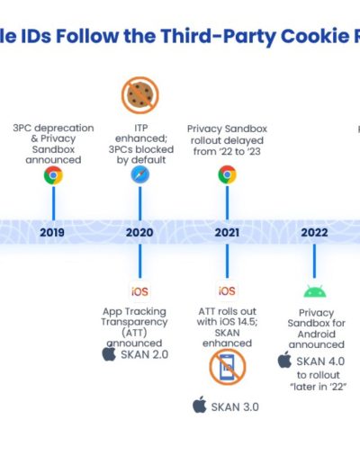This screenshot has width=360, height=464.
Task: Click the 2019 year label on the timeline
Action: click(52, 232)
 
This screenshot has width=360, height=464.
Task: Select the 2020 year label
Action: click(139, 232)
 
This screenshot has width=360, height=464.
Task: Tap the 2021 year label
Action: click(227, 232)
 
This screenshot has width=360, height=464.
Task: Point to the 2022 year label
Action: click(314, 232)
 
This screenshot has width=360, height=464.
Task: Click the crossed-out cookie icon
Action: click(140, 95)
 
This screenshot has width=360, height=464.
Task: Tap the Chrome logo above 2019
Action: click(53, 175)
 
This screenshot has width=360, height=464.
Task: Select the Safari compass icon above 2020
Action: click(140, 174)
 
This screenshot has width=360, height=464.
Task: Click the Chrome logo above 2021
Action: click(227, 174)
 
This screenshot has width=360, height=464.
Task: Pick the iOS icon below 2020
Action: click(139, 291)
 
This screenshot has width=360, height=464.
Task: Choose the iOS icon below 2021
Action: click(227, 290)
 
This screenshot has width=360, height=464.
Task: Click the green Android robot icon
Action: click(315, 291)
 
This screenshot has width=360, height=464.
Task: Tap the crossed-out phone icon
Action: click(228, 367)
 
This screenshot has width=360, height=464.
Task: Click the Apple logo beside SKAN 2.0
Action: click(109, 353)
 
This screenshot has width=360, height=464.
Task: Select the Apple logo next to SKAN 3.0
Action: click(200, 405)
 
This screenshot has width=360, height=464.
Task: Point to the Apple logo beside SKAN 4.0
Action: click(284, 360)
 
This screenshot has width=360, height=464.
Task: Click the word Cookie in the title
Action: click(315, 36)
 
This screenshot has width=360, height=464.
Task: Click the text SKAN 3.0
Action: click(235, 407)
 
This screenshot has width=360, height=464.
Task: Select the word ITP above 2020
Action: click(141, 128)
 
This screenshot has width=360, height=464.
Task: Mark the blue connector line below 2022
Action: click(314, 261)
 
